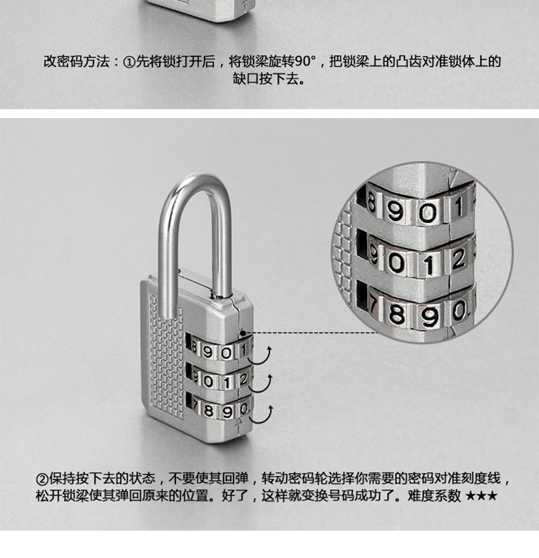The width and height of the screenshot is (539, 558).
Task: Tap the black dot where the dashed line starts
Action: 243,334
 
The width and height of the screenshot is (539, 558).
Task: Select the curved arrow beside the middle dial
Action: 262,384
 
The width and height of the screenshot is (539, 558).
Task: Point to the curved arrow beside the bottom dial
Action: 262,415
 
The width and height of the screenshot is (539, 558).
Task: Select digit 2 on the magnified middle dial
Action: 459,259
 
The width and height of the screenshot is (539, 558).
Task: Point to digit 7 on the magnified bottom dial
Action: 373,306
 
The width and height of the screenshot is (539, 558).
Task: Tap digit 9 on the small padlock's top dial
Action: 207,351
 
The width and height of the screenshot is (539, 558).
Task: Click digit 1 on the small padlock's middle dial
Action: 227,383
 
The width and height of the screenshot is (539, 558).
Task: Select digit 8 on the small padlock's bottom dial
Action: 208,411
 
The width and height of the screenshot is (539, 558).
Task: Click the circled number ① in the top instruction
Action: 128,62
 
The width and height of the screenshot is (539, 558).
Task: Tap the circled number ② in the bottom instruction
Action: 42,479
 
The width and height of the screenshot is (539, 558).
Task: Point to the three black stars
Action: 481,496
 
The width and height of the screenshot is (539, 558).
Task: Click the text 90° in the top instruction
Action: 306,61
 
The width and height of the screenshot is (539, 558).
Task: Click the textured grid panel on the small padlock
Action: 166,356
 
